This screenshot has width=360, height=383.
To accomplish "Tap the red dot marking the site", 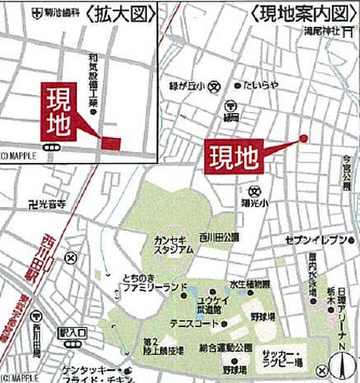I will coord(303,138).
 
